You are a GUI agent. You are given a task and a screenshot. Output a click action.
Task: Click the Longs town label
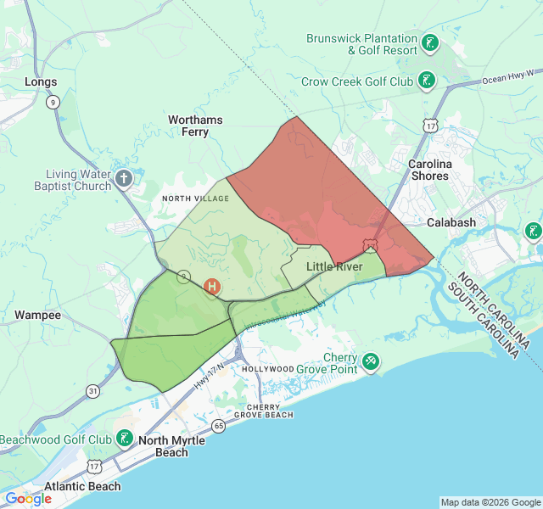click(41, 82)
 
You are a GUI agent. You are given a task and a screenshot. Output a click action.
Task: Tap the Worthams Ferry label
click(195, 126)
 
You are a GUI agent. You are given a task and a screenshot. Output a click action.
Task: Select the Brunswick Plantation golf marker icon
click(430, 43)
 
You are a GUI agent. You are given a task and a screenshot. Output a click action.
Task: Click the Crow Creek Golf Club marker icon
click(427, 81)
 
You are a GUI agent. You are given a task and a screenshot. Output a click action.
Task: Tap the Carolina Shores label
click(430, 170)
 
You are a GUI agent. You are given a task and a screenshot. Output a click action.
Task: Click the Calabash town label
click(451, 222)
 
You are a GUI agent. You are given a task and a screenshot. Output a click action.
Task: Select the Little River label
click(333, 266)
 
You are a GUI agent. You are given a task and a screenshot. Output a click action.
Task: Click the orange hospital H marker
click(212, 287)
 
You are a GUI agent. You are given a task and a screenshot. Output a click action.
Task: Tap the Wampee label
click(38, 315)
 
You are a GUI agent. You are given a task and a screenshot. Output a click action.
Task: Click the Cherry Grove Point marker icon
click(371, 362)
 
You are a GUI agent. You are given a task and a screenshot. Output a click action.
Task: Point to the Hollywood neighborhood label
click(268, 369)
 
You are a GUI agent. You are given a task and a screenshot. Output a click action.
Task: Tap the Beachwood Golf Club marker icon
click(125, 439)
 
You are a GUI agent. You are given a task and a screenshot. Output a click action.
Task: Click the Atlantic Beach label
click(82, 486)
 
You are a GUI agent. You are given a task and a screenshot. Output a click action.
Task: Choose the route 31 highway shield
click(92, 391)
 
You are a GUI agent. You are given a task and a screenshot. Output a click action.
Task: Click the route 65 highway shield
click(219, 425)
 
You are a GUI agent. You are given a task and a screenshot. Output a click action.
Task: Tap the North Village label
click(195, 198)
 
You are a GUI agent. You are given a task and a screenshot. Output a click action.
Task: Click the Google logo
click(28, 499)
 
